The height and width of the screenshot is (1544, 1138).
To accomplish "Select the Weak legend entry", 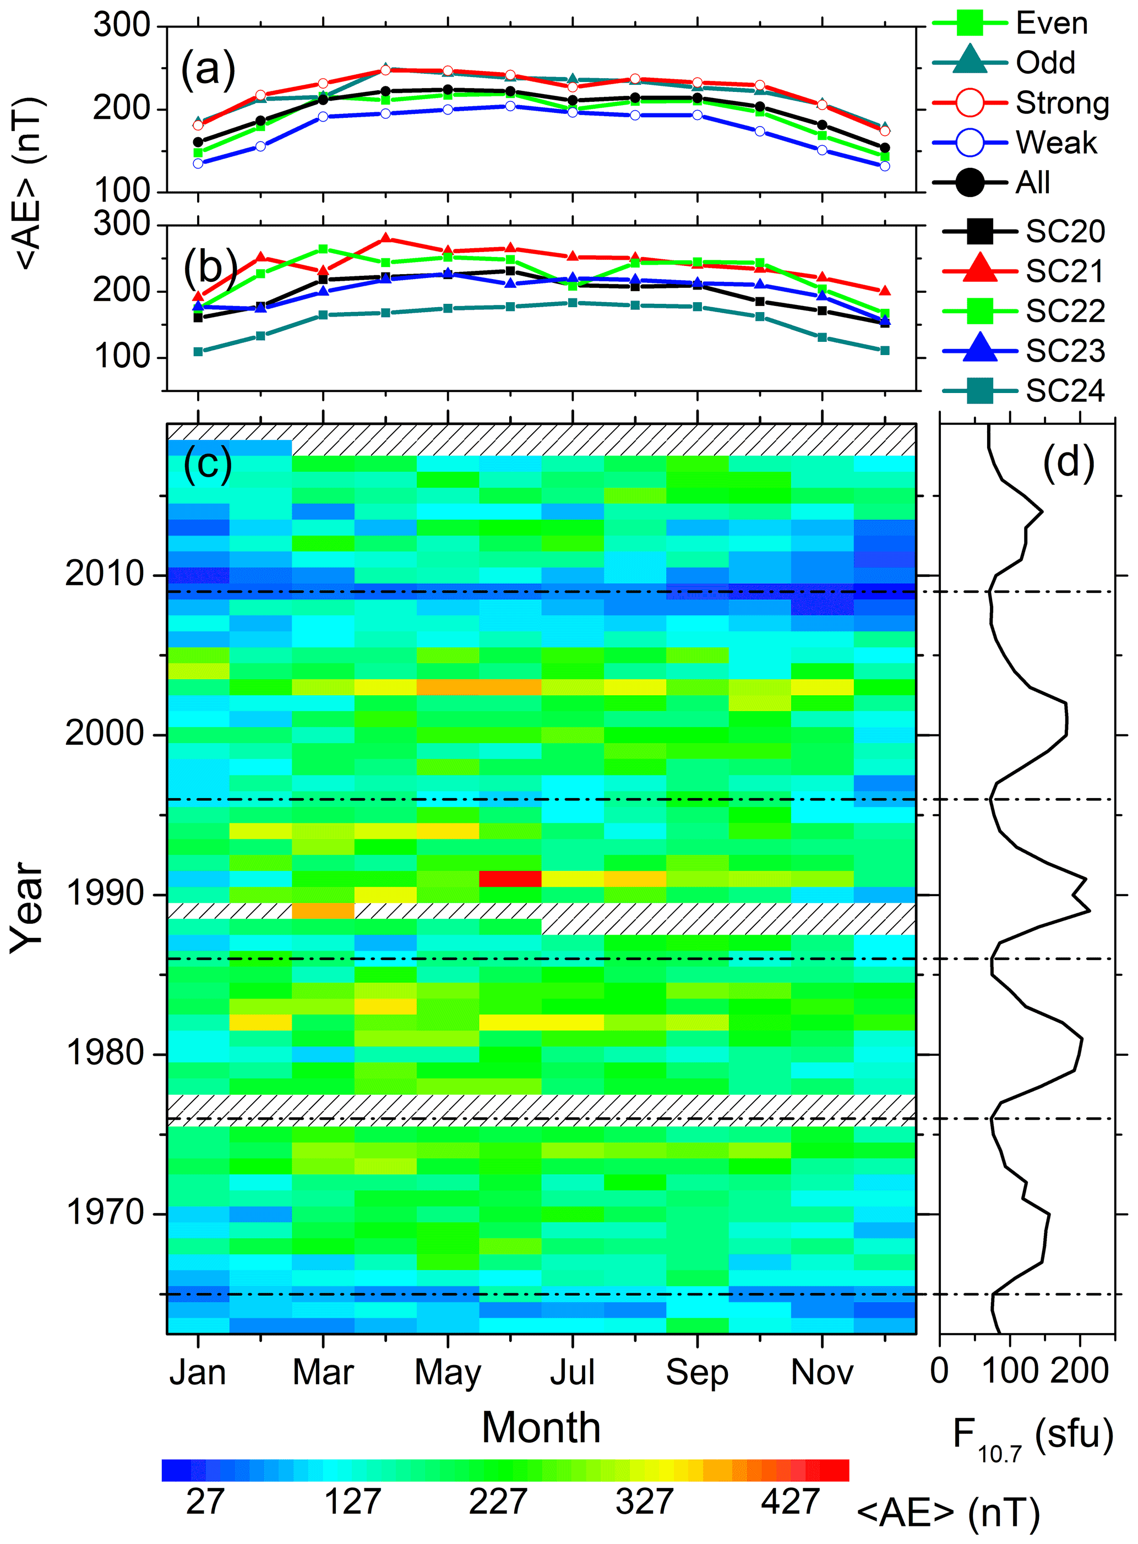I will pos(1055,143).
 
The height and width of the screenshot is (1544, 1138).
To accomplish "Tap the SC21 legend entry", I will pos(1065,271).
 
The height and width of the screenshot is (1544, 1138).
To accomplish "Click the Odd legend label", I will pos(1045,63).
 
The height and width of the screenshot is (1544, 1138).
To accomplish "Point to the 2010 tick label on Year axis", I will pos(104,574).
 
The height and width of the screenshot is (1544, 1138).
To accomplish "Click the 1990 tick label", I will pos(104,894).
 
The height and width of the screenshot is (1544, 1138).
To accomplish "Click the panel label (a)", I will pos(208,69).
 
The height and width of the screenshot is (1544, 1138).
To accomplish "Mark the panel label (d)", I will pos(1069,461).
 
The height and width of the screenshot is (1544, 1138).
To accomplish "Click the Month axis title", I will pos(541,1428).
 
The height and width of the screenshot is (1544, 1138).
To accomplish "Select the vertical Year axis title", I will pos(28,908).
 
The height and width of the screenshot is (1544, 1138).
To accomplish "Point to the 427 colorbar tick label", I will pos(790,1502).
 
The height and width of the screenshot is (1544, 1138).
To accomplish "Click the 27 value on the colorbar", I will pos(205,1502).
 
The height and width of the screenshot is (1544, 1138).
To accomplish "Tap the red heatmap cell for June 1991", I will pos(510,879).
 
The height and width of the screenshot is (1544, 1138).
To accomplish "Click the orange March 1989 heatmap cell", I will pos(323,910).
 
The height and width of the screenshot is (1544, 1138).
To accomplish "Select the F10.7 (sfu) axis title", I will pos(1032,1437).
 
